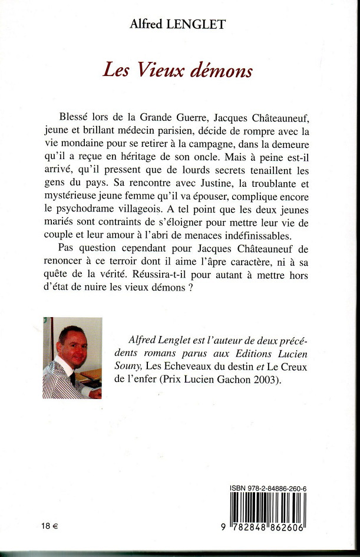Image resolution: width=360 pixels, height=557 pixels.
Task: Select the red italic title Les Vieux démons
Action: pyautogui.click(x=177, y=71)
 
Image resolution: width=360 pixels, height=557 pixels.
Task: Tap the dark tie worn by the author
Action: pyautogui.click(x=71, y=378)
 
